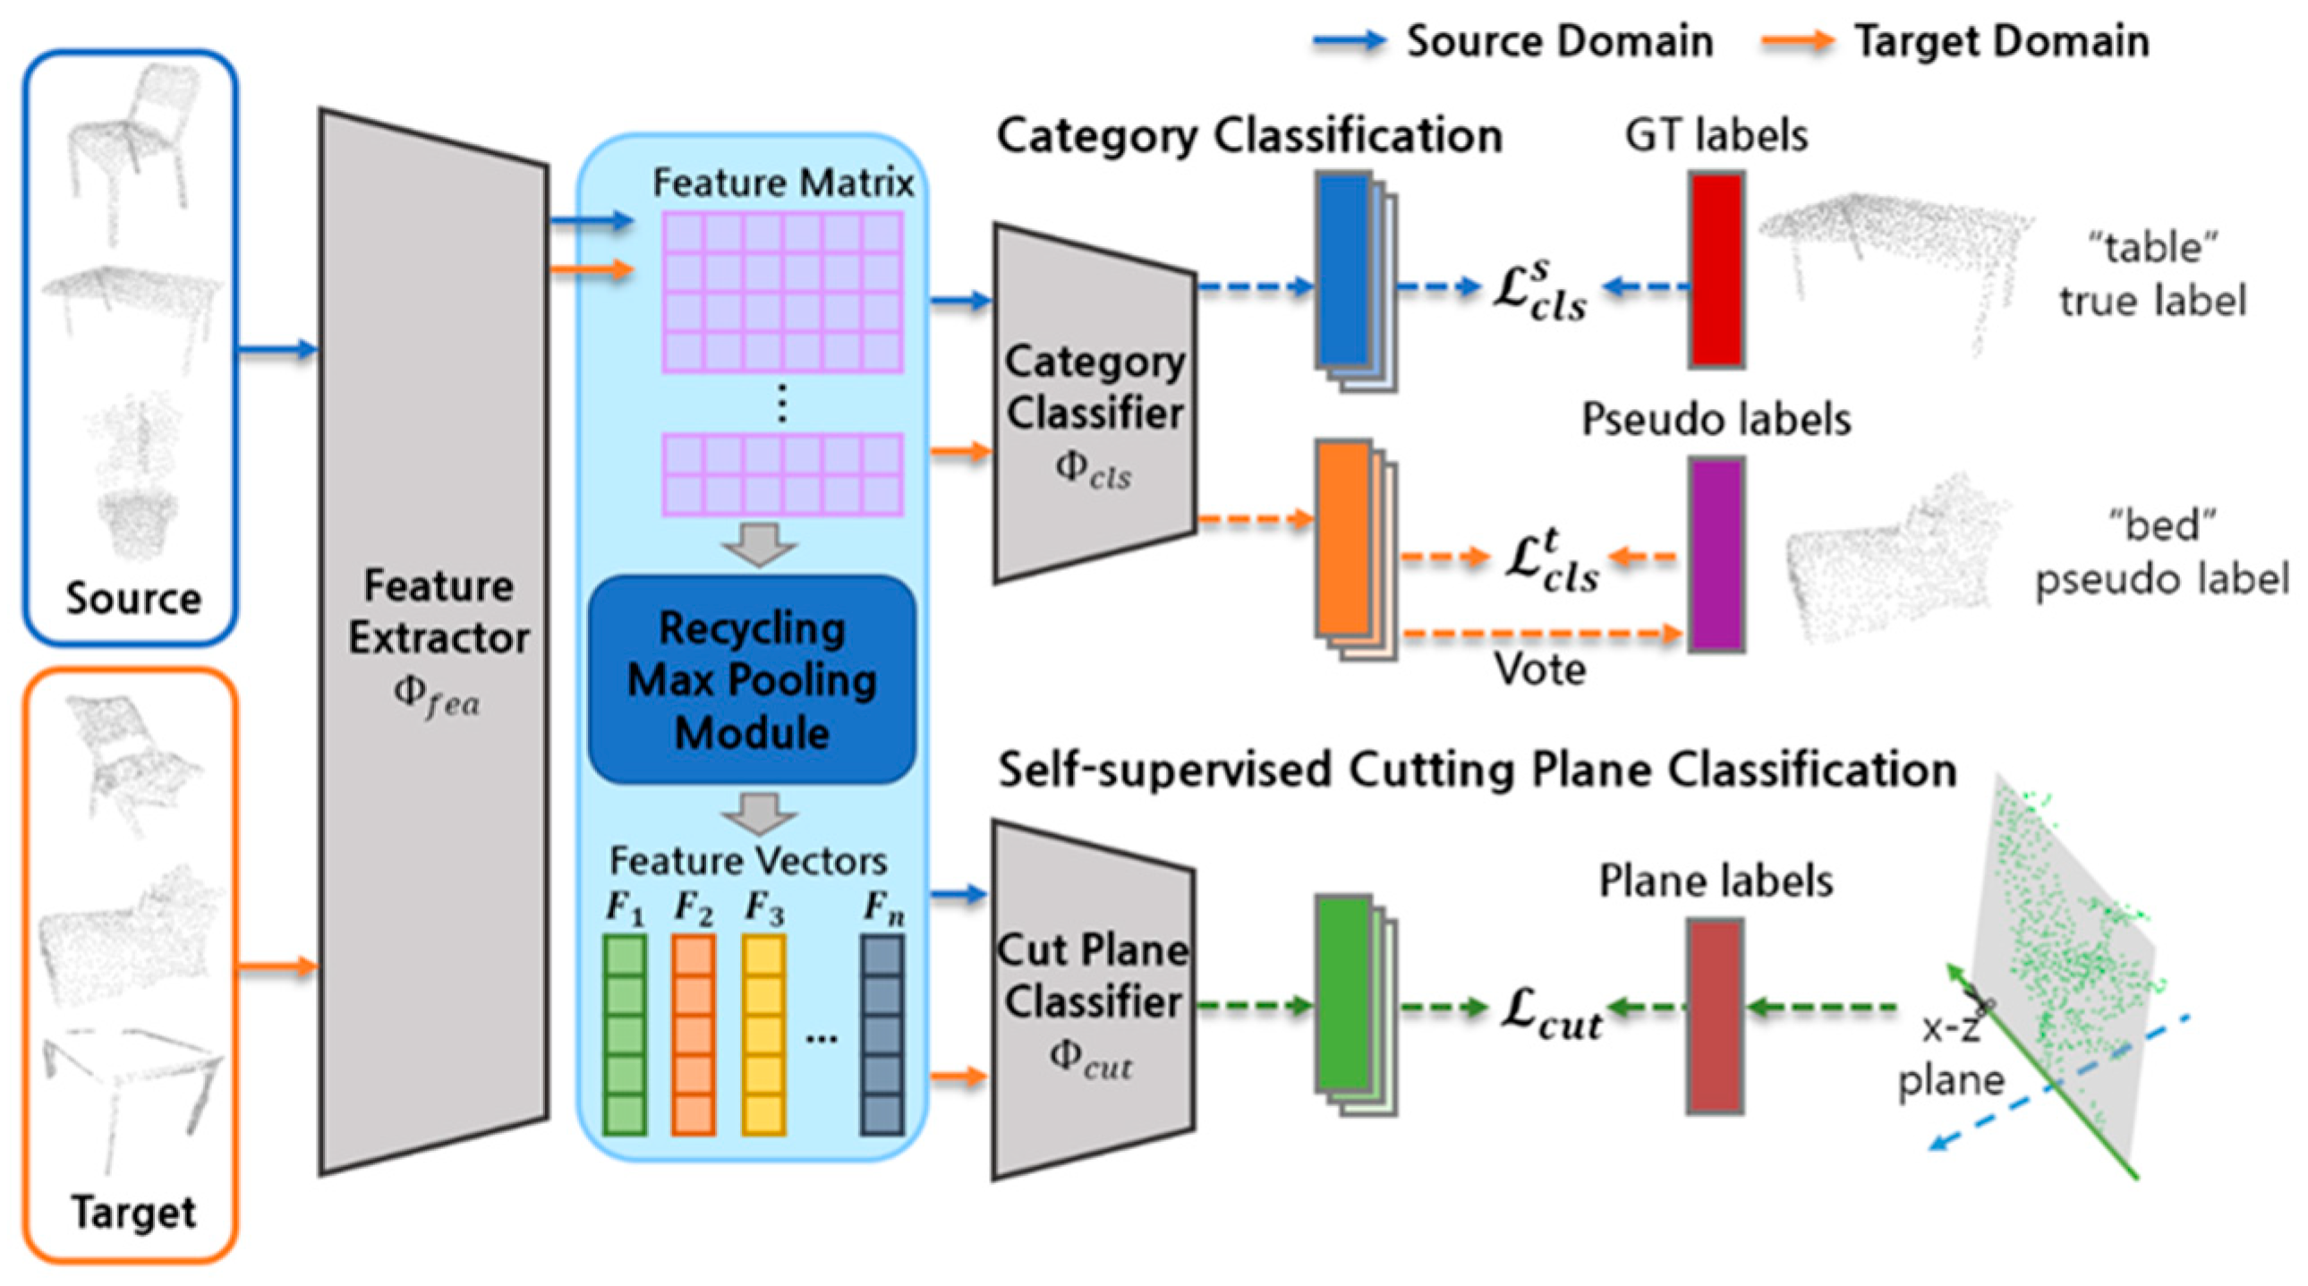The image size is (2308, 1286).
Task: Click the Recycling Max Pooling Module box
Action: pyautogui.click(x=752, y=679)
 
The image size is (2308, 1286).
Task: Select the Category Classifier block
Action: pyautogui.click(x=1094, y=404)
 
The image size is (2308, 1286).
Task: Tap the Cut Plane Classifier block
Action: pyautogui.click(x=1092, y=1000)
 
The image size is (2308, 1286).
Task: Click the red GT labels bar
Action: pyautogui.click(x=1716, y=269)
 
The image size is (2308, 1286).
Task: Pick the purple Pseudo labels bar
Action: pyautogui.click(x=1716, y=554)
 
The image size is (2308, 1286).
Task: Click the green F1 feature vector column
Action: pyautogui.click(x=625, y=1035)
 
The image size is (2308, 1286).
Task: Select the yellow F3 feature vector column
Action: pyautogui.click(x=763, y=1035)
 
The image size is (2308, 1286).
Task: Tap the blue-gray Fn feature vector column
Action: pyautogui.click(x=881, y=1035)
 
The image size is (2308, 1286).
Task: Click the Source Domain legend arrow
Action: pyautogui.click(x=1349, y=41)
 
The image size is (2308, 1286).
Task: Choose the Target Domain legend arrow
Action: pyautogui.click(x=1796, y=41)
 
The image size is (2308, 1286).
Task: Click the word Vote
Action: pyautogui.click(x=1539, y=669)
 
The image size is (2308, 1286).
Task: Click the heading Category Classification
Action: pyautogui.click(x=1249, y=137)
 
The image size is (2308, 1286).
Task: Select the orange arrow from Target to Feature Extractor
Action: pyautogui.click(x=277, y=967)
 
